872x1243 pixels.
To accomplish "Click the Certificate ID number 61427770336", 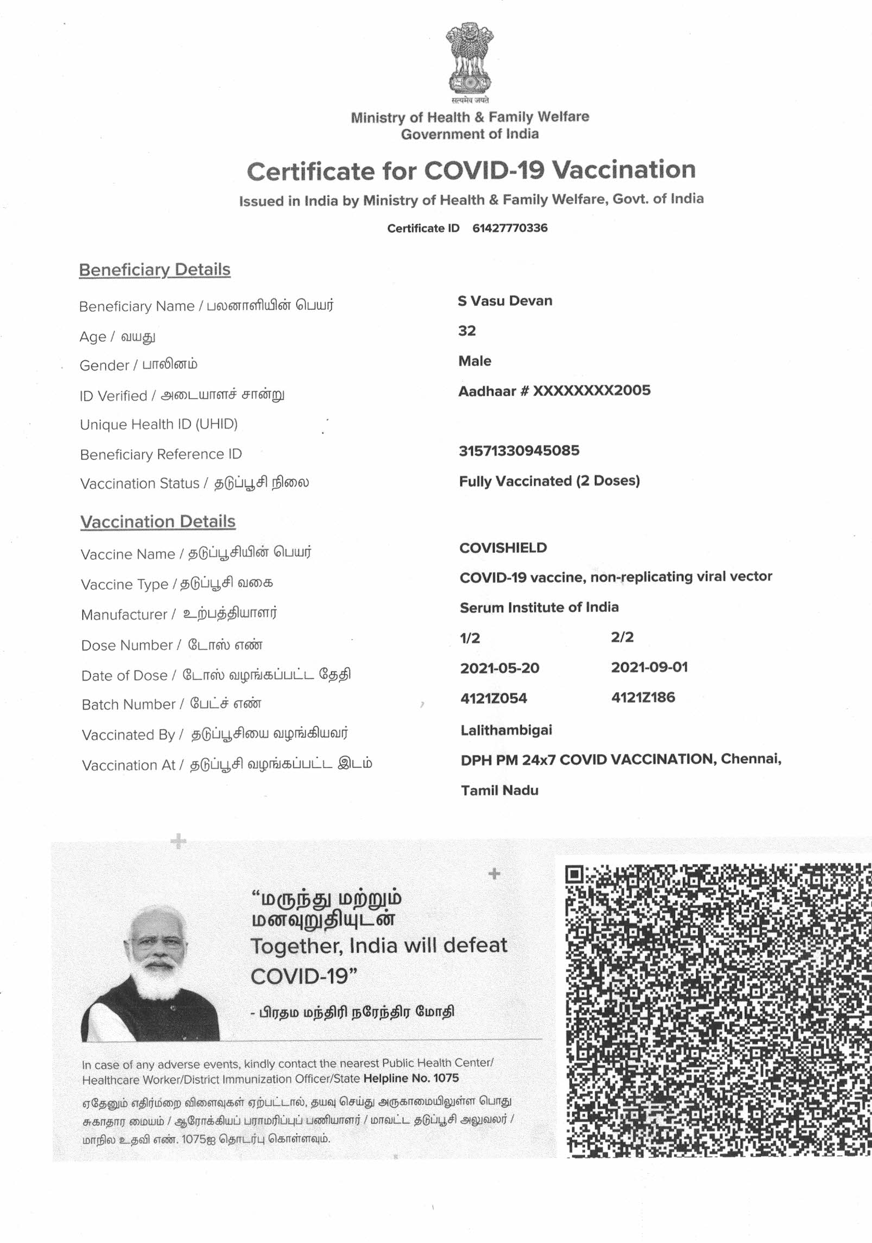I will click(x=509, y=228).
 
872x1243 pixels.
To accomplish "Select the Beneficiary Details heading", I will click(x=155, y=270).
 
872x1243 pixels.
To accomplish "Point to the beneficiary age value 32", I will click(x=467, y=331).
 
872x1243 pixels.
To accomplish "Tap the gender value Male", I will click(x=475, y=361).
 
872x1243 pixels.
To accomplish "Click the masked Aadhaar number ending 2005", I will click(x=554, y=391).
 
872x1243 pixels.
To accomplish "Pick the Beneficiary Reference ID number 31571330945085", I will click(x=519, y=451).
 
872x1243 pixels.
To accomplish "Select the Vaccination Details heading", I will click(x=158, y=522).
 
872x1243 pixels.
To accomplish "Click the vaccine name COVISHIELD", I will click(x=503, y=548).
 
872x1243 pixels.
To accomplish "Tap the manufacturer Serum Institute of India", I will click(x=539, y=608).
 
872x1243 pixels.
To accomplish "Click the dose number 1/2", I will click(x=470, y=638).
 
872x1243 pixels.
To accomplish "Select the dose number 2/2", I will click(x=622, y=637).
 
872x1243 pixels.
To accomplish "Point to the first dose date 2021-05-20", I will click(x=500, y=668).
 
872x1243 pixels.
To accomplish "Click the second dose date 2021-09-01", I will click(x=649, y=667).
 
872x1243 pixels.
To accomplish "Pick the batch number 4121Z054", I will click(x=494, y=698).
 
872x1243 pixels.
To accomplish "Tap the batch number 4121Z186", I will click(x=643, y=698).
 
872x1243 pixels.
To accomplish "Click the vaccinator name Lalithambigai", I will click(x=506, y=730).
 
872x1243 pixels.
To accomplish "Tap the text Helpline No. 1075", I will click(x=411, y=1079).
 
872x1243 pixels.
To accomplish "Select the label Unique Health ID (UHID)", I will click(x=159, y=424).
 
